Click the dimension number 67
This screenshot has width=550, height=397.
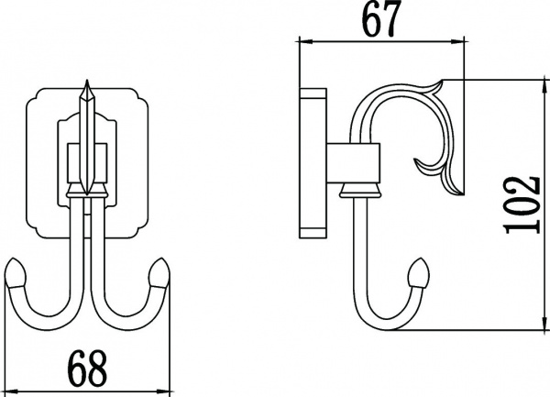coord(381,18)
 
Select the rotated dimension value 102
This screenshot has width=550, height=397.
coord(522,204)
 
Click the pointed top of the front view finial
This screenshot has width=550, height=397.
coord(87,81)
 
